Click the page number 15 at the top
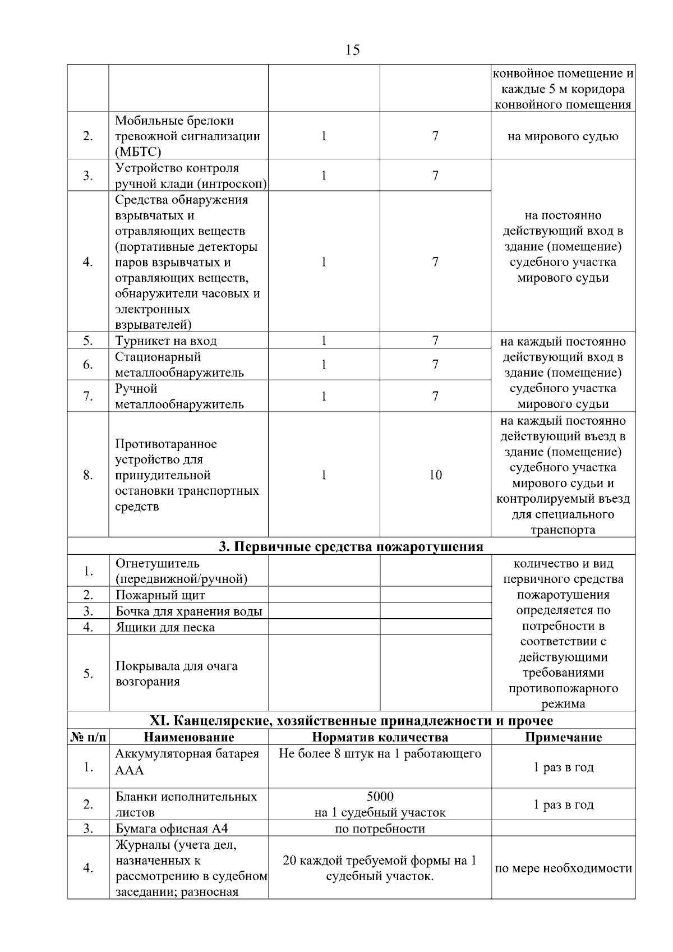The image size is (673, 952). coord(353,50)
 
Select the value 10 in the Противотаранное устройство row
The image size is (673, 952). coord(435,475)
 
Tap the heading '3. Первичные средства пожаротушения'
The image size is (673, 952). coord(351,546)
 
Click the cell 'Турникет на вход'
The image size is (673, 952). coord(166,341)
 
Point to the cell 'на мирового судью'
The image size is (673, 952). coord(563,136)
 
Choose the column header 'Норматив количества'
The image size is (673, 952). coord(380,737)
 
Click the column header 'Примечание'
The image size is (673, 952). coord(563,737)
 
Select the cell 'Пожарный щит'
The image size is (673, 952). coord(160,595)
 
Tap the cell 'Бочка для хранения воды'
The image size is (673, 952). coord(188,611)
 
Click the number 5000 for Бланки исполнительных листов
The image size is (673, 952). coord(380,797)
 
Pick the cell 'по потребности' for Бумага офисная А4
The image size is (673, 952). coord(380,829)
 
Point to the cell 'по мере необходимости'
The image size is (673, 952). coord(563,868)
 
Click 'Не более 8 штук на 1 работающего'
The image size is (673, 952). coord(380,753)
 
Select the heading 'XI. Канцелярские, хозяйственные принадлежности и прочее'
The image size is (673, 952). coord(351,721)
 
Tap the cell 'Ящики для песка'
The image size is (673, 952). coord(165,627)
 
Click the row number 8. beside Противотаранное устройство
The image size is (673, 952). coord(88,475)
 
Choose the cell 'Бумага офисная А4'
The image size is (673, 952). coord(172,829)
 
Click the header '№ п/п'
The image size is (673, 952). coord(88,737)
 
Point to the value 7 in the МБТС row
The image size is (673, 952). coord(435,136)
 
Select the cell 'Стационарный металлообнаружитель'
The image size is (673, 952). coord(179,365)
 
